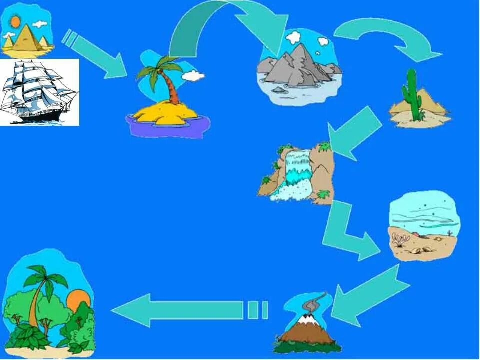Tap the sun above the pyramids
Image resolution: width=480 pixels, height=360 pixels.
(x=15, y=22)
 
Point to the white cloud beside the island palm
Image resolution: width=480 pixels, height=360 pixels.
(x=193, y=76)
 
